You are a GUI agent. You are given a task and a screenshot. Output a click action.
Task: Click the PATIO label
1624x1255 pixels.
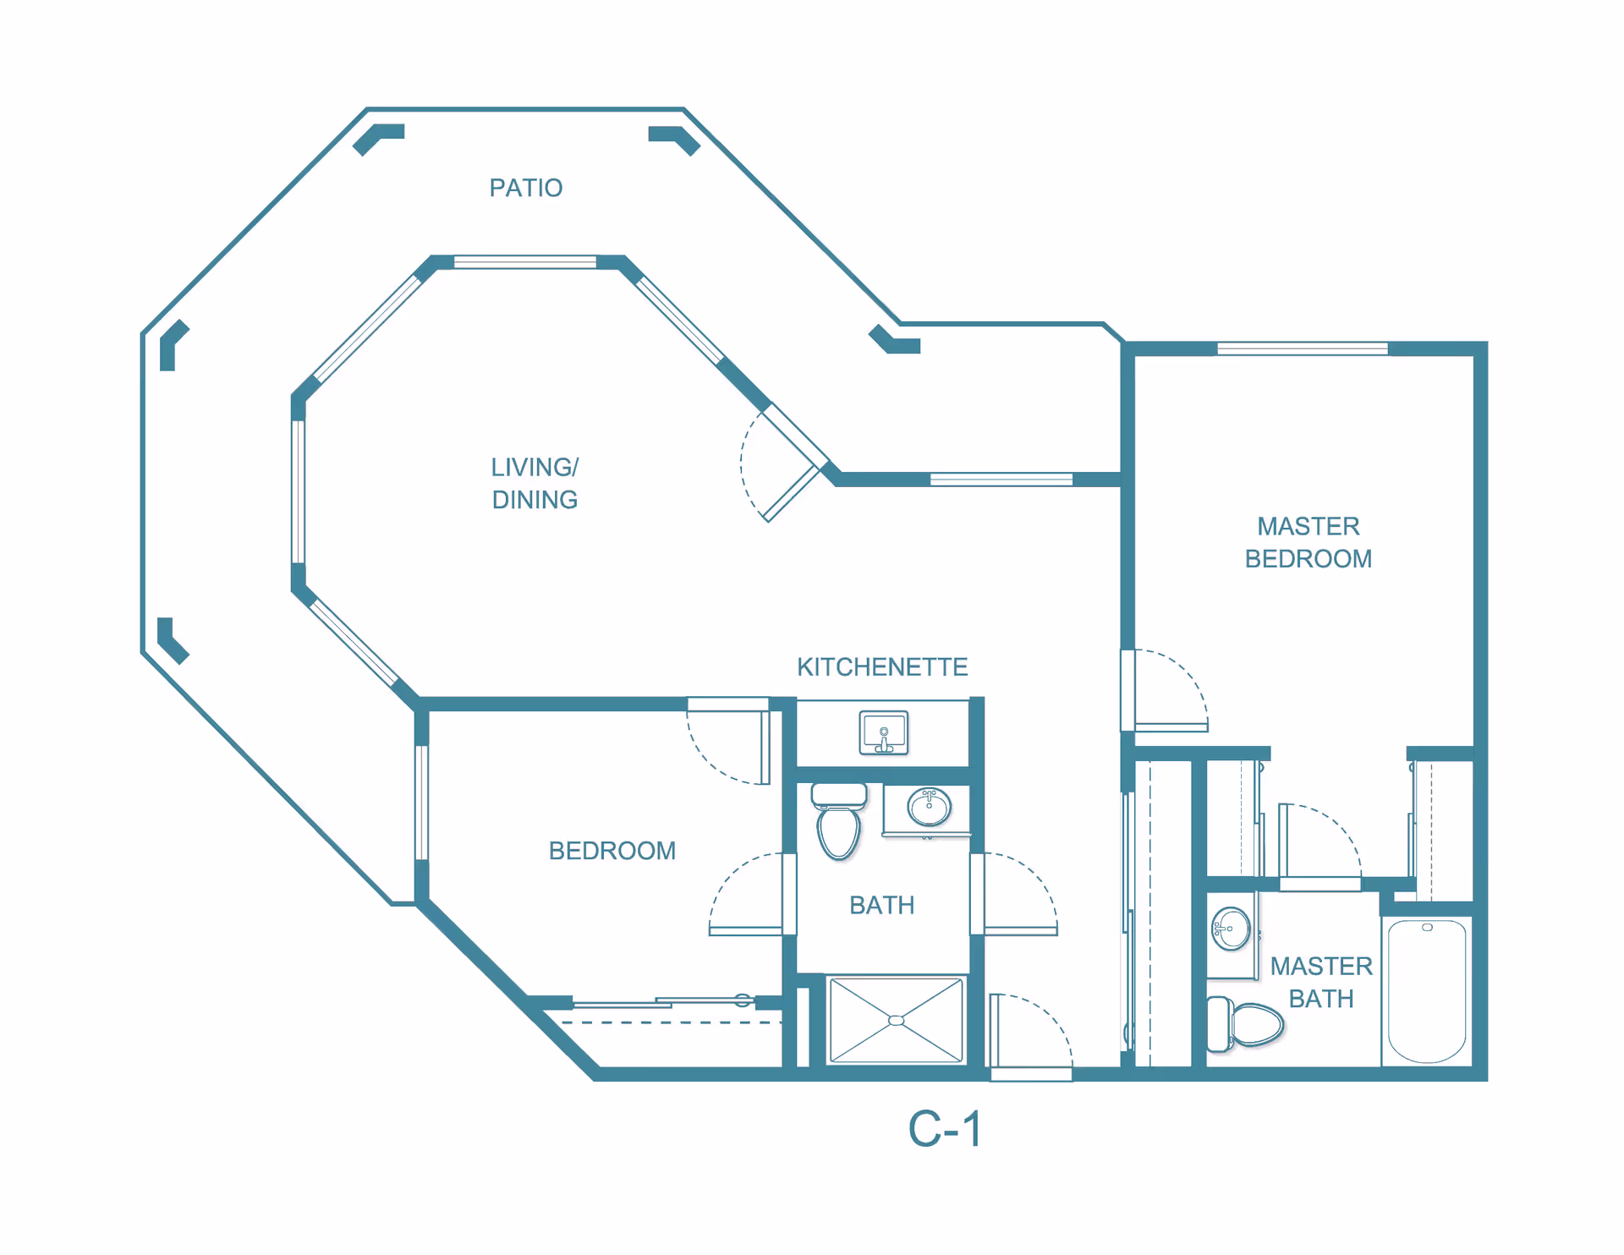525,188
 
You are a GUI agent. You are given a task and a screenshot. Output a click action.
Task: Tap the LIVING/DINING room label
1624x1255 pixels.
535,483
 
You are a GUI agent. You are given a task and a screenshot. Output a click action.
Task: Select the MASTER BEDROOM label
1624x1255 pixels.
1308,542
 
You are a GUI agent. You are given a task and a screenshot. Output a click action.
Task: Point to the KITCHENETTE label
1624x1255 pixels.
882,667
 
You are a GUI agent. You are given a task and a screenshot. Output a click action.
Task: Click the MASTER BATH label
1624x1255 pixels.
1321,983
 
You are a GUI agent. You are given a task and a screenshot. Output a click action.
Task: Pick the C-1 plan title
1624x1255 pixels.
945,1129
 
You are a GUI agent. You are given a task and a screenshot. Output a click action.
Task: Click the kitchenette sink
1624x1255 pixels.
884,732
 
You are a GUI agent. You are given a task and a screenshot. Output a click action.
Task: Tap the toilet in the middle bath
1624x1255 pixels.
838,820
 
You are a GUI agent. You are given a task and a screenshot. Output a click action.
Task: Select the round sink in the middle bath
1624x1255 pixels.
929,806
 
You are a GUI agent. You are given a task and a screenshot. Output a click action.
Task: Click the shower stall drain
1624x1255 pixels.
897,1021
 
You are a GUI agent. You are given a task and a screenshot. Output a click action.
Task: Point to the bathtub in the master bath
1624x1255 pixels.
1427,991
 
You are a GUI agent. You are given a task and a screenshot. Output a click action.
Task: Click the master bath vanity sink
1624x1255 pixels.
1231,929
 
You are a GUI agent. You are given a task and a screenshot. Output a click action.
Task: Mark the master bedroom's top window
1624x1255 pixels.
1303,348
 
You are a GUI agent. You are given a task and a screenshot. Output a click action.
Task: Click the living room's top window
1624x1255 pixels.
525,262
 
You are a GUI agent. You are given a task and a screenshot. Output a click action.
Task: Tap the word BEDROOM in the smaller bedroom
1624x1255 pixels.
612,851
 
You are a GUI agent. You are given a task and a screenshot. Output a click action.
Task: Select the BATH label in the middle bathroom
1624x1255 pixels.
882,906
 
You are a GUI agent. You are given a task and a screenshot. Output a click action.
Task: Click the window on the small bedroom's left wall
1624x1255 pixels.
421,803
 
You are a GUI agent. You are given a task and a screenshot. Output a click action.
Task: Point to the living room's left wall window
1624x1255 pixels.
298,491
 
